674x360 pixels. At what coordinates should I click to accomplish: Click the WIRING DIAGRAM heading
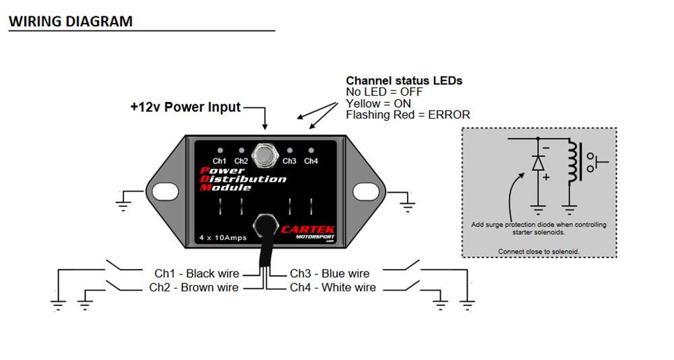pos(70,21)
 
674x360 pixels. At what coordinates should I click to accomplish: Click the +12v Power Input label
pos(185,107)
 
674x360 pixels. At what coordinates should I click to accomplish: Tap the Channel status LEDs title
pos(404,80)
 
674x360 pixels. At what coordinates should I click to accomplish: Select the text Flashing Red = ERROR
pos(408,115)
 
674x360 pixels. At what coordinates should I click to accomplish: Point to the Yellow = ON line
pos(378,104)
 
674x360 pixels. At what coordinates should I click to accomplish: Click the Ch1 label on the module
pos(220,161)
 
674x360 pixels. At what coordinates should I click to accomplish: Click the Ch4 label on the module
pos(311,161)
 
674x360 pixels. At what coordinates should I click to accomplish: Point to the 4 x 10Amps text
pos(222,238)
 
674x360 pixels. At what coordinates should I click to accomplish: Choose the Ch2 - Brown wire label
pos(193,288)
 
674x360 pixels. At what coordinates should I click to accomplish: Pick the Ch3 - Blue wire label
pos(330,274)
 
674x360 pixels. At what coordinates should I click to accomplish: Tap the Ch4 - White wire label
pos(333,288)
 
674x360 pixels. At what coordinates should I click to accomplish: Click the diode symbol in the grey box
pos(537,164)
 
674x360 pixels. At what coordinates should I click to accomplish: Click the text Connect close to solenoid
pos(539,251)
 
